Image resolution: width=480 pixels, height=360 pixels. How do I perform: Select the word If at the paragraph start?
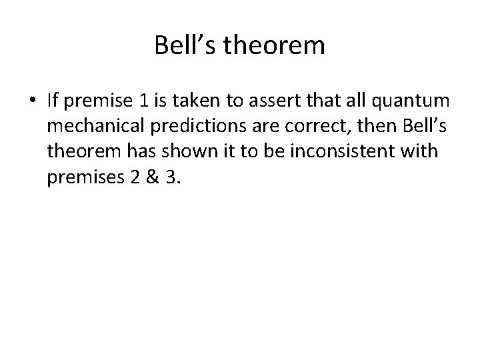53,101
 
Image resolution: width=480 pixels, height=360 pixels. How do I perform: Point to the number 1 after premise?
145,101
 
